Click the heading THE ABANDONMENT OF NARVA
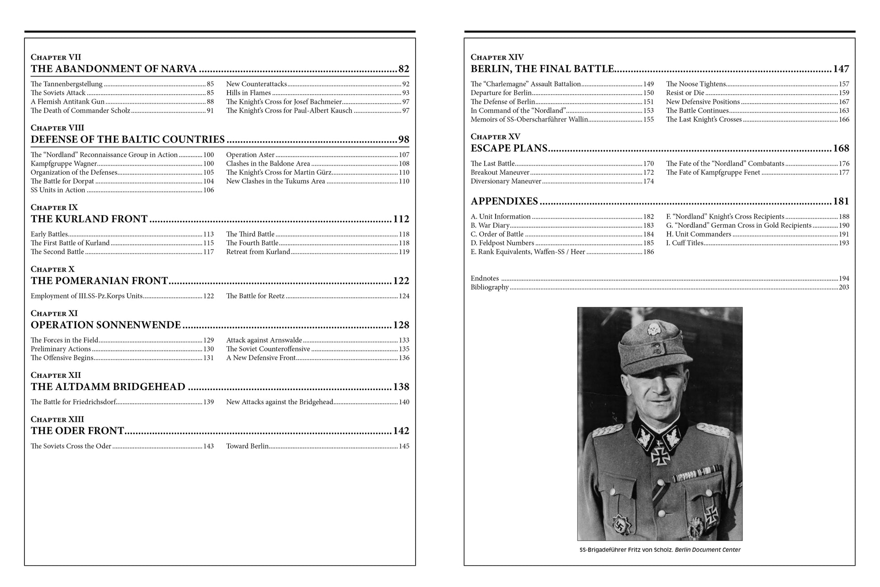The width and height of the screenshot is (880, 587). pyautogui.click(x=114, y=69)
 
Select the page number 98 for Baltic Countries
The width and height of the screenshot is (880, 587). pyautogui.click(x=403, y=139)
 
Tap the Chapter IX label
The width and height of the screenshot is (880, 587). pyautogui.click(x=54, y=207)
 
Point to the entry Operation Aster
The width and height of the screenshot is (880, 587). pyautogui.click(x=250, y=155)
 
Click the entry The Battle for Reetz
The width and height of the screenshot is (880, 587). pyautogui.click(x=255, y=296)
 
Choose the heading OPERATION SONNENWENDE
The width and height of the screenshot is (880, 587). pyautogui.click(x=106, y=325)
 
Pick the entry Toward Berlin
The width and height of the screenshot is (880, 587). pyautogui.click(x=247, y=446)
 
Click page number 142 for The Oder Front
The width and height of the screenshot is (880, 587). pyautogui.click(x=401, y=431)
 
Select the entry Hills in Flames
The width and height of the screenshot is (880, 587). pyautogui.click(x=248, y=93)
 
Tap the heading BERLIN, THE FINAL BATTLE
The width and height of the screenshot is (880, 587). pyautogui.click(x=542, y=69)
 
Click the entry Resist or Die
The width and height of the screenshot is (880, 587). pyautogui.click(x=685, y=93)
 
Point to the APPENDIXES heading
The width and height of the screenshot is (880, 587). pyautogui.click(x=504, y=201)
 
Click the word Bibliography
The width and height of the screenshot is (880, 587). pyautogui.click(x=490, y=287)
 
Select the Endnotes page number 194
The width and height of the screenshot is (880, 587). pyautogui.click(x=844, y=278)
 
